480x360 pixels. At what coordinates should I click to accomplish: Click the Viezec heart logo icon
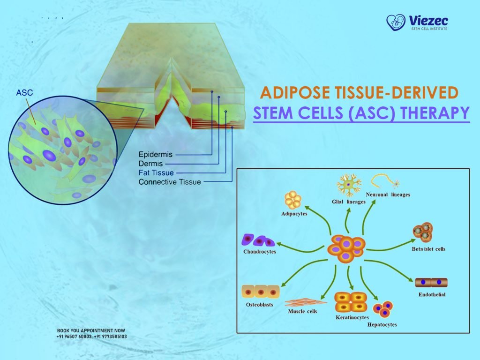tap(396, 22)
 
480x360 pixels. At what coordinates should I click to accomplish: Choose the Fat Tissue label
tap(156, 172)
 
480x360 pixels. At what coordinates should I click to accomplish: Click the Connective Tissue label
tap(170, 182)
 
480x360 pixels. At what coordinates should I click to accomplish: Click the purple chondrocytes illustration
tap(257, 240)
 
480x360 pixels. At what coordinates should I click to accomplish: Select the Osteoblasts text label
tap(259, 305)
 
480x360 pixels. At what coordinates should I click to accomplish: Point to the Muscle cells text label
tap(302, 311)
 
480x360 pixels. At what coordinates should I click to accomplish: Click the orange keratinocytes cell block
tap(351, 302)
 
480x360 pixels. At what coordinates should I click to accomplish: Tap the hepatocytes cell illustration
tap(382, 309)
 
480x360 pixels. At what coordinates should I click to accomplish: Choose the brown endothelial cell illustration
tap(431, 283)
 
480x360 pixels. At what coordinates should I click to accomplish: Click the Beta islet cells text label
tap(428, 249)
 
